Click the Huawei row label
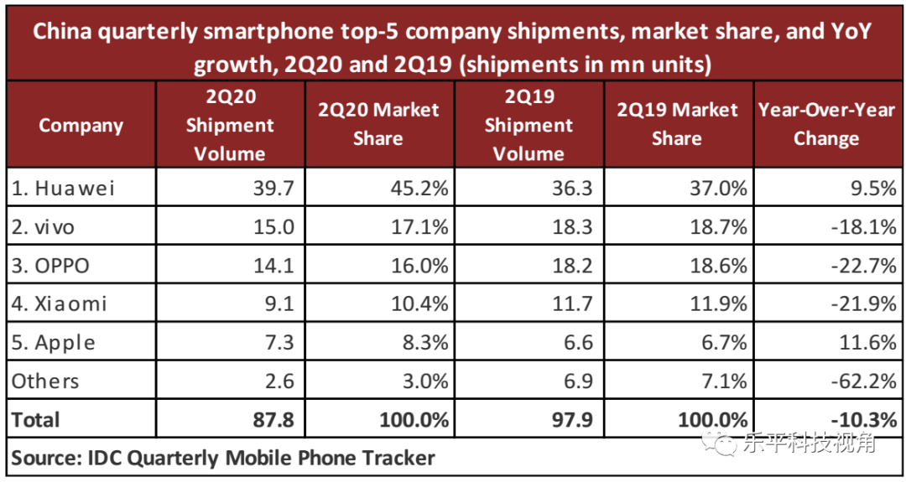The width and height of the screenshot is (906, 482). [63, 188]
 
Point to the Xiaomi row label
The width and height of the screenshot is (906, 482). [60, 303]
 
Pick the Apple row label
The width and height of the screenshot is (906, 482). [54, 342]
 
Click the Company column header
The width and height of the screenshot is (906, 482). [81, 126]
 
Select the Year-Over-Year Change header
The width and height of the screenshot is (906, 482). [826, 125]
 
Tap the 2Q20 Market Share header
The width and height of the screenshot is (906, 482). [378, 125]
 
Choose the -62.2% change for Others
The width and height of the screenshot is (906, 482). [863, 381]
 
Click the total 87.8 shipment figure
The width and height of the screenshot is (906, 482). [273, 419]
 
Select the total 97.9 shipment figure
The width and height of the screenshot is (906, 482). [570, 419]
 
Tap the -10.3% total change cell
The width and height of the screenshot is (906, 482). [863, 419]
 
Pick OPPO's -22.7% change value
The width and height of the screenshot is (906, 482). [863, 265]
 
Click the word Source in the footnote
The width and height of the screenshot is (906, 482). [41, 458]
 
